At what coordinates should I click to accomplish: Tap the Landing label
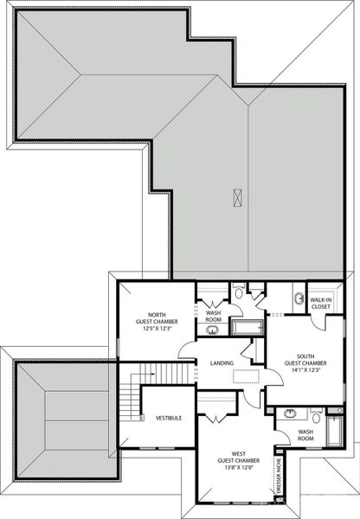[222, 363]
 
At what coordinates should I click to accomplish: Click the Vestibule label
[169, 418]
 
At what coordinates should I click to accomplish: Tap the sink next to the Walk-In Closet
[299, 298]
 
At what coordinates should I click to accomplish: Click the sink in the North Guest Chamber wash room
[213, 329]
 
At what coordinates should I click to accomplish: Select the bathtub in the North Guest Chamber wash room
[250, 327]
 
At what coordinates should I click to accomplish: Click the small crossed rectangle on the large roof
[236, 197]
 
